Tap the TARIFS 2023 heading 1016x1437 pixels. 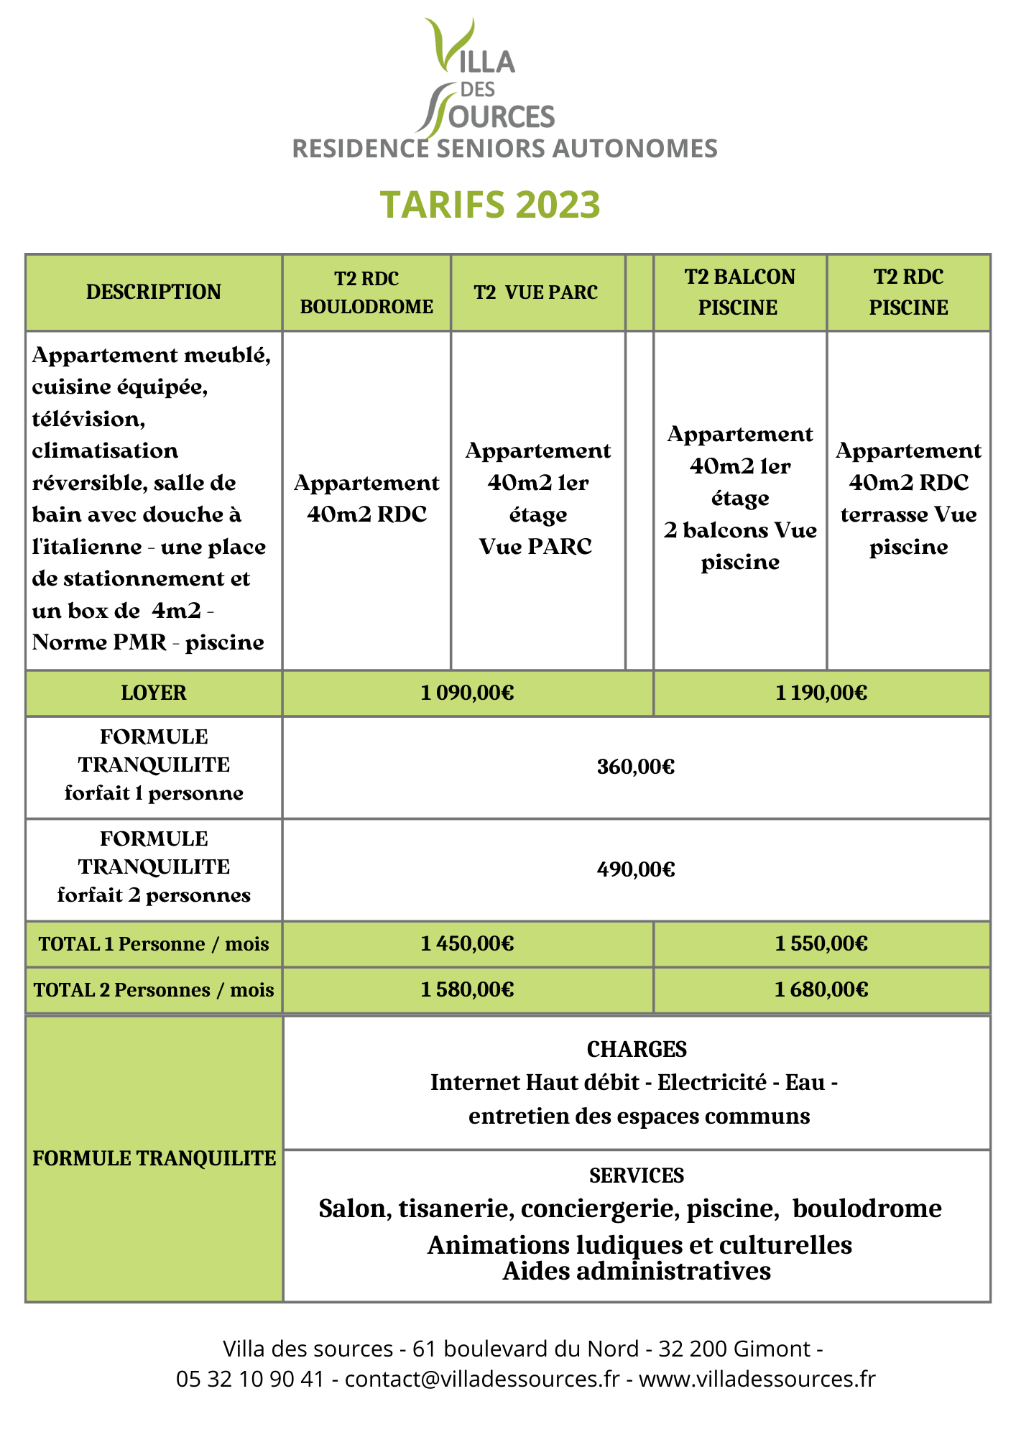coord(490,205)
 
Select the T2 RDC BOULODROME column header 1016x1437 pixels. coord(366,292)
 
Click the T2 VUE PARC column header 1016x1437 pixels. coord(536,292)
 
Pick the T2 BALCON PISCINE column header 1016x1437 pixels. coord(739,292)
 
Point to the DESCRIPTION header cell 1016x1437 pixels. coord(154,292)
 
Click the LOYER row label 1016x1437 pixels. coord(154,693)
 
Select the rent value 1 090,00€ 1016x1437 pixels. coord(467,693)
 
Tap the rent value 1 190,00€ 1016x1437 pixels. coord(821,693)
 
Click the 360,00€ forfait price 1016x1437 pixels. coord(636,767)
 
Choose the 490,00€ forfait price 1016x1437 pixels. coord(636,870)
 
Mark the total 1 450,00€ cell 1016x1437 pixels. coord(467,943)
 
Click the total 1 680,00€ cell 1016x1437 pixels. coord(821,990)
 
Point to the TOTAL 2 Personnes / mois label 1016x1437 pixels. coord(154,990)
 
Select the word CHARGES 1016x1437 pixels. coord(637,1050)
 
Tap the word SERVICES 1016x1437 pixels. coord(637,1175)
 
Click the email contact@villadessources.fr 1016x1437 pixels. coord(481,1379)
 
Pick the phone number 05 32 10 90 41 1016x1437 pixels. coord(250,1379)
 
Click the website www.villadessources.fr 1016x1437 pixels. coord(757,1379)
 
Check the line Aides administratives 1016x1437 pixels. coord(637,1271)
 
